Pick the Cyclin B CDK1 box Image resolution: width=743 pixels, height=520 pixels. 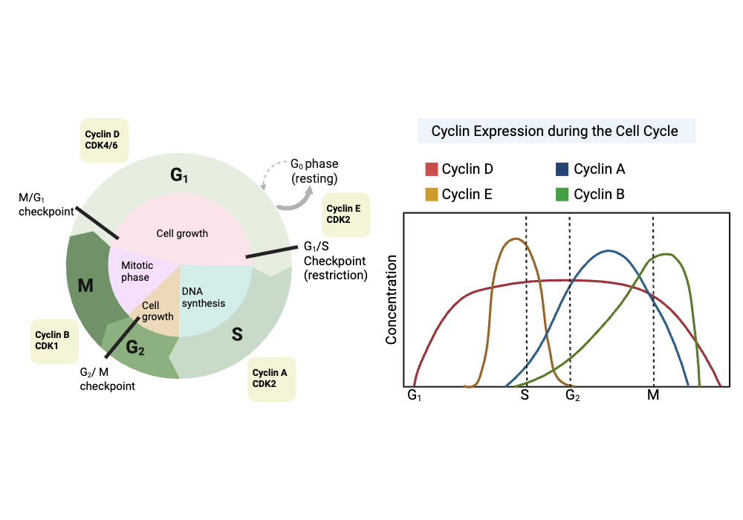click(x=54, y=341)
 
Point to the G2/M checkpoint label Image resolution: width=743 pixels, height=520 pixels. click(x=108, y=379)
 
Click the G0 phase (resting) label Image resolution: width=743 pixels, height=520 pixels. click(x=314, y=172)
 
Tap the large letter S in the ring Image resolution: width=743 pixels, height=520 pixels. click(x=237, y=334)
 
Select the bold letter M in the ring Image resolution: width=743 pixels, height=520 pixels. click(x=85, y=285)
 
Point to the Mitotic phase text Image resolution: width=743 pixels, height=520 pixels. click(x=135, y=271)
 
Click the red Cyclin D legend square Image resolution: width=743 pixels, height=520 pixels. click(x=432, y=169)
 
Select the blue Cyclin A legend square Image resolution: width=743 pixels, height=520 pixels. click(x=564, y=169)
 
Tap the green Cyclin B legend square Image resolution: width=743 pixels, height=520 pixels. click(x=564, y=195)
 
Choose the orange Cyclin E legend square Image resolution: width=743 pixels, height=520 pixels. click(x=432, y=195)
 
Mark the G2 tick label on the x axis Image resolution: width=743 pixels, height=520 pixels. click(x=572, y=395)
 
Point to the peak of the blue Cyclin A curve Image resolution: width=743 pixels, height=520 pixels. click(x=609, y=250)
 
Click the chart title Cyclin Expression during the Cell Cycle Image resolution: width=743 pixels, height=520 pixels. click(x=555, y=131)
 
